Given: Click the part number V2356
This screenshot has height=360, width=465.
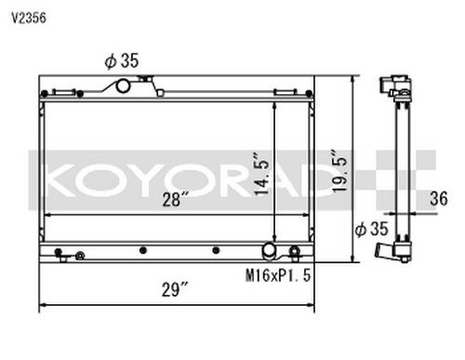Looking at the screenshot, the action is click(x=29, y=19).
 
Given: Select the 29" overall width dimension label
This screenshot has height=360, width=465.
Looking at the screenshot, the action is click(x=175, y=290).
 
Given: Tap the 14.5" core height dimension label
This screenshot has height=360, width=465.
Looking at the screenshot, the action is click(x=261, y=173).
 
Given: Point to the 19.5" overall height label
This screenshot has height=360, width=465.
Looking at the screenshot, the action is click(x=339, y=171).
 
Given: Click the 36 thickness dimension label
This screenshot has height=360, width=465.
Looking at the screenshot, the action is click(x=439, y=198).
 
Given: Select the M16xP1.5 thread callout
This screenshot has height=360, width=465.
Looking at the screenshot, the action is click(x=278, y=275).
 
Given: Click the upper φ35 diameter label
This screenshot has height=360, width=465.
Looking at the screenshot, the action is click(x=122, y=60).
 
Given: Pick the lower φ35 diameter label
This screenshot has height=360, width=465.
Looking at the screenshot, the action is click(x=371, y=229).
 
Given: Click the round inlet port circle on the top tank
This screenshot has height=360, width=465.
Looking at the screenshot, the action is click(x=123, y=86).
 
